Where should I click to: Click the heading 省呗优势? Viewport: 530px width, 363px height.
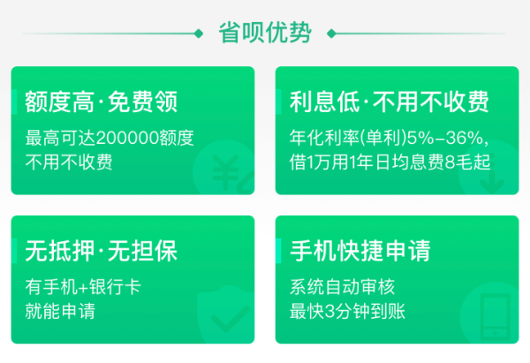click(265, 33)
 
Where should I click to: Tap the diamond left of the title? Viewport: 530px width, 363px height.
click(199, 34)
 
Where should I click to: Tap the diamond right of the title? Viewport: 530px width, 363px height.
click(331, 34)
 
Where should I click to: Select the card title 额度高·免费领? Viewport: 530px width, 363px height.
click(101, 102)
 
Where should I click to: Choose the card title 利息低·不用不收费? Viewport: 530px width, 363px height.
click(389, 102)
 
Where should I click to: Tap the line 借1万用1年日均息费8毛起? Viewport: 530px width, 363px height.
click(390, 162)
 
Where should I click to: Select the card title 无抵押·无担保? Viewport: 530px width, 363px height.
click(101, 251)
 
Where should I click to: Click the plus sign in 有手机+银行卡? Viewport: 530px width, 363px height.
click(83, 288)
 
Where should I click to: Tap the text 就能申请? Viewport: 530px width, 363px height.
click(60, 311)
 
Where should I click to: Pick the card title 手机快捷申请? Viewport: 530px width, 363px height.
click(360, 251)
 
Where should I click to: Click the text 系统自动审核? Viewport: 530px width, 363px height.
click(342, 287)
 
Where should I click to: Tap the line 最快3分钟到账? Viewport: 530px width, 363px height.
click(347, 311)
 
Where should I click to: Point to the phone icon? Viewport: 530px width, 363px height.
click(496, 317)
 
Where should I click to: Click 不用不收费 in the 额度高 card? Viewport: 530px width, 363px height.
click(69, 162)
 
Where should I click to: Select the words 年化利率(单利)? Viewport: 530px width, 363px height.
click(348, 138)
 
